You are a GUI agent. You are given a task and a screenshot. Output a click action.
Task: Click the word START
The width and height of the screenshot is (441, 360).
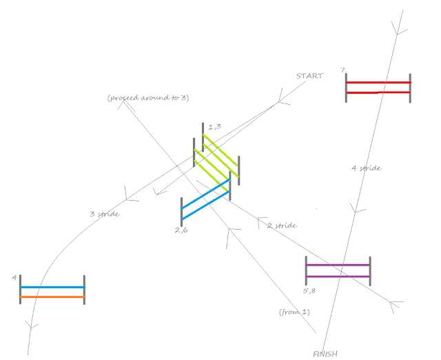(309, 76)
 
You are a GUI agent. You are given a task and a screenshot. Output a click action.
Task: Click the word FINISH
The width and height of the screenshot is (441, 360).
(325, 354)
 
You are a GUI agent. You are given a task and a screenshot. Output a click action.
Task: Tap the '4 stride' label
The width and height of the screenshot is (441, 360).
(367, 168)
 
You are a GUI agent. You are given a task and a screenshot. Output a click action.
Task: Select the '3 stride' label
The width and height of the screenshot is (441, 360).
(105, 214)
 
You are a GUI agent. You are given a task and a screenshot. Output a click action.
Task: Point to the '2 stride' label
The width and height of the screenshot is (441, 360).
(281, 226)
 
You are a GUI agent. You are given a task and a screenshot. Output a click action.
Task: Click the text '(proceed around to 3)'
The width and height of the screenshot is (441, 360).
(148, 98)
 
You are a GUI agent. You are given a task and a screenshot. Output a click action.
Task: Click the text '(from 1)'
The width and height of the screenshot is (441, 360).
(294, 312)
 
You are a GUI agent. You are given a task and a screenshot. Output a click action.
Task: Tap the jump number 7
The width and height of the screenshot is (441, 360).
(342, 70)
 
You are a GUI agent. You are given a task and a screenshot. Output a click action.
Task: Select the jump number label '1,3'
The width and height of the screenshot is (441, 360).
(214, 126)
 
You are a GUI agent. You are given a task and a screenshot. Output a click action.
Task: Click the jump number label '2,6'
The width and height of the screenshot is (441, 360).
(182, 230)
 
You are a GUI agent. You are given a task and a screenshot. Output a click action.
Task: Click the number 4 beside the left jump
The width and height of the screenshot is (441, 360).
(14, 277)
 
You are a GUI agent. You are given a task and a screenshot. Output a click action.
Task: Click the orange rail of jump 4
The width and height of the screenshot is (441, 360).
(52, 297)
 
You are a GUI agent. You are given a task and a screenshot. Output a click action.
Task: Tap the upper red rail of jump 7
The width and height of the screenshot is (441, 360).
(378, 82)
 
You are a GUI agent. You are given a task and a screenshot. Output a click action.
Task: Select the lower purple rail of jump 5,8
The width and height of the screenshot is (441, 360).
(338, 277)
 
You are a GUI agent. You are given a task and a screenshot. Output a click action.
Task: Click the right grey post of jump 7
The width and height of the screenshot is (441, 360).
(410, 88)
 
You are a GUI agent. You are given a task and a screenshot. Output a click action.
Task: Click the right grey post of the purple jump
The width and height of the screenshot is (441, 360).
(370, 270)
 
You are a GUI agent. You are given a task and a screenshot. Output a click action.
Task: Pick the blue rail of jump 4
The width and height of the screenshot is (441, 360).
(52, 287)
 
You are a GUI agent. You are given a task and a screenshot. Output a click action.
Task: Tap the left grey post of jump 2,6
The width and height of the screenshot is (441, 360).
(181, 212)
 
